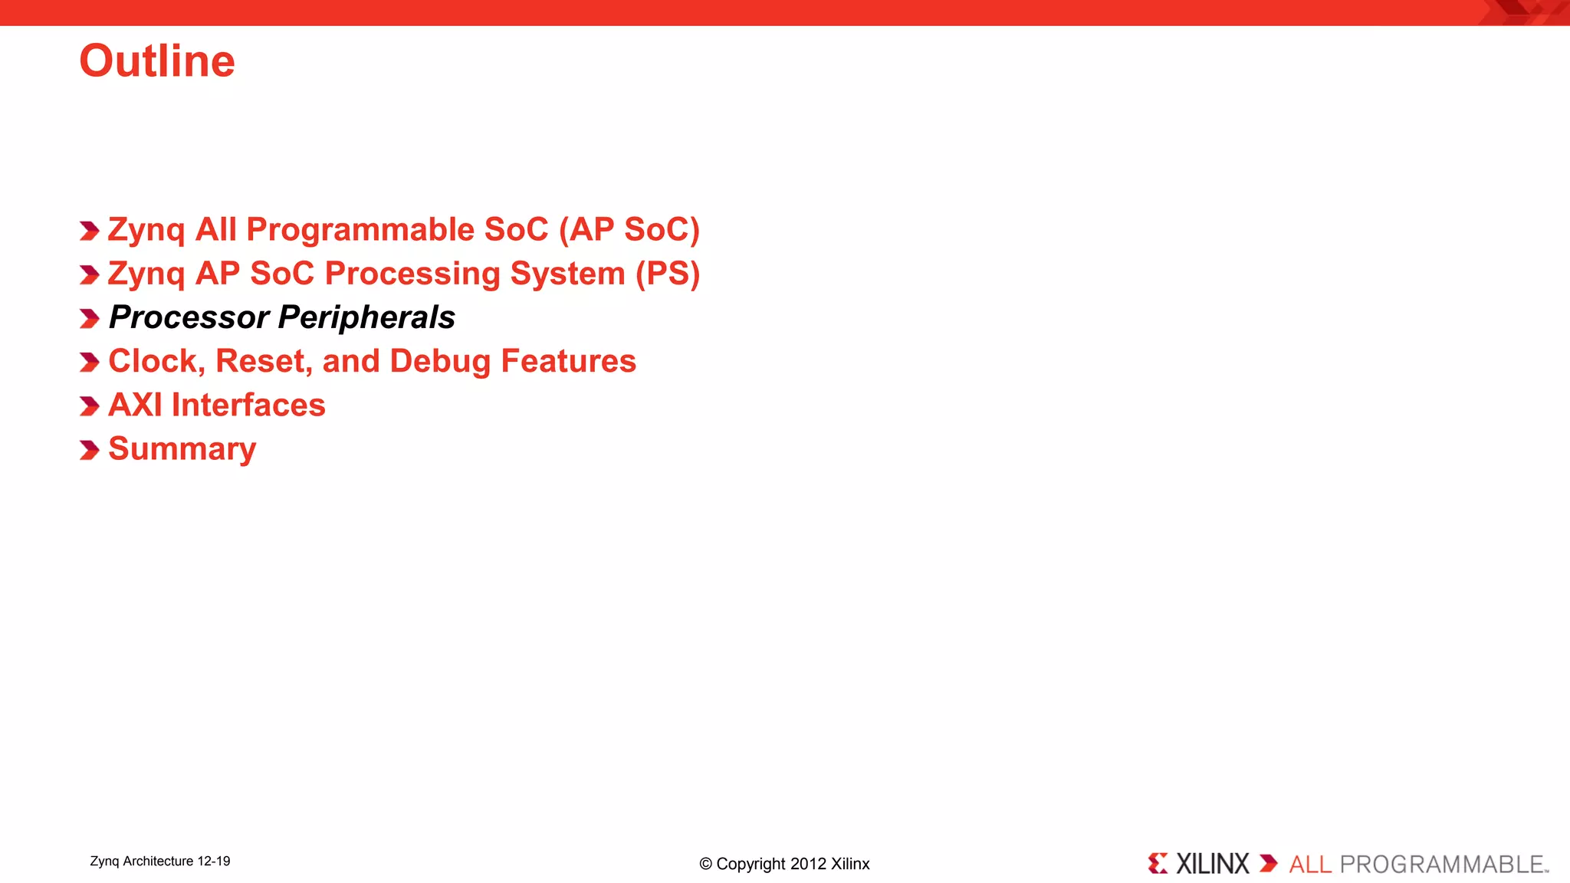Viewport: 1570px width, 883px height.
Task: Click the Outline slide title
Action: pos(157,61)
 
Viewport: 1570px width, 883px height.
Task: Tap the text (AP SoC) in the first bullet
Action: pos(629,230)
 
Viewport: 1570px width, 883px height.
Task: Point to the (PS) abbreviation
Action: pos(668,274)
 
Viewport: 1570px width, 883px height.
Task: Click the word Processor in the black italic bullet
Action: pos(189,317)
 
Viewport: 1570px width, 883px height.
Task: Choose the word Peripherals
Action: pos(367,317)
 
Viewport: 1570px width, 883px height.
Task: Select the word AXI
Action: pos(135,405)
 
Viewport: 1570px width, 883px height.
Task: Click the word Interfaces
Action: pos(248,405)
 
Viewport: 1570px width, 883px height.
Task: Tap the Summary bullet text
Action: pos(182,448)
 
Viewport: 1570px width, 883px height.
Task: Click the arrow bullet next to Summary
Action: pos(90,450)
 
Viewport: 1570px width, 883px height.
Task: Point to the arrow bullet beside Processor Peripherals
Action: pos(90,319)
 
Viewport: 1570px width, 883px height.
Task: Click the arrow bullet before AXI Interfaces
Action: pos(90,406)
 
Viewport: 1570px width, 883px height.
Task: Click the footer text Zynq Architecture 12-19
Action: pos(160,862)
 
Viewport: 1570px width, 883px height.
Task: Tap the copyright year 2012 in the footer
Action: pos(808,864)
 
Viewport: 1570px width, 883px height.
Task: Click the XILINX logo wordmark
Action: pos(1212,864)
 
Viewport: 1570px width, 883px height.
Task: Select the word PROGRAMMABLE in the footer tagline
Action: pos(1441,865)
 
